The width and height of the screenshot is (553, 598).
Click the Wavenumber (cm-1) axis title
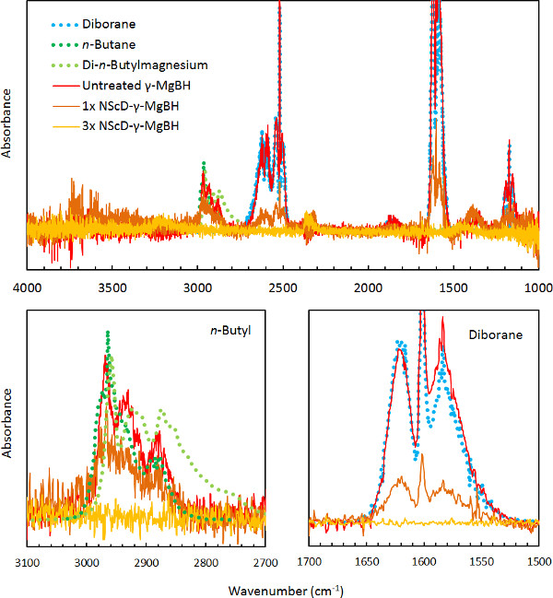click(280, 584)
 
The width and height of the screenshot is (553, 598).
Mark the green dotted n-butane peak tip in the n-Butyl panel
click(108, 333)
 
